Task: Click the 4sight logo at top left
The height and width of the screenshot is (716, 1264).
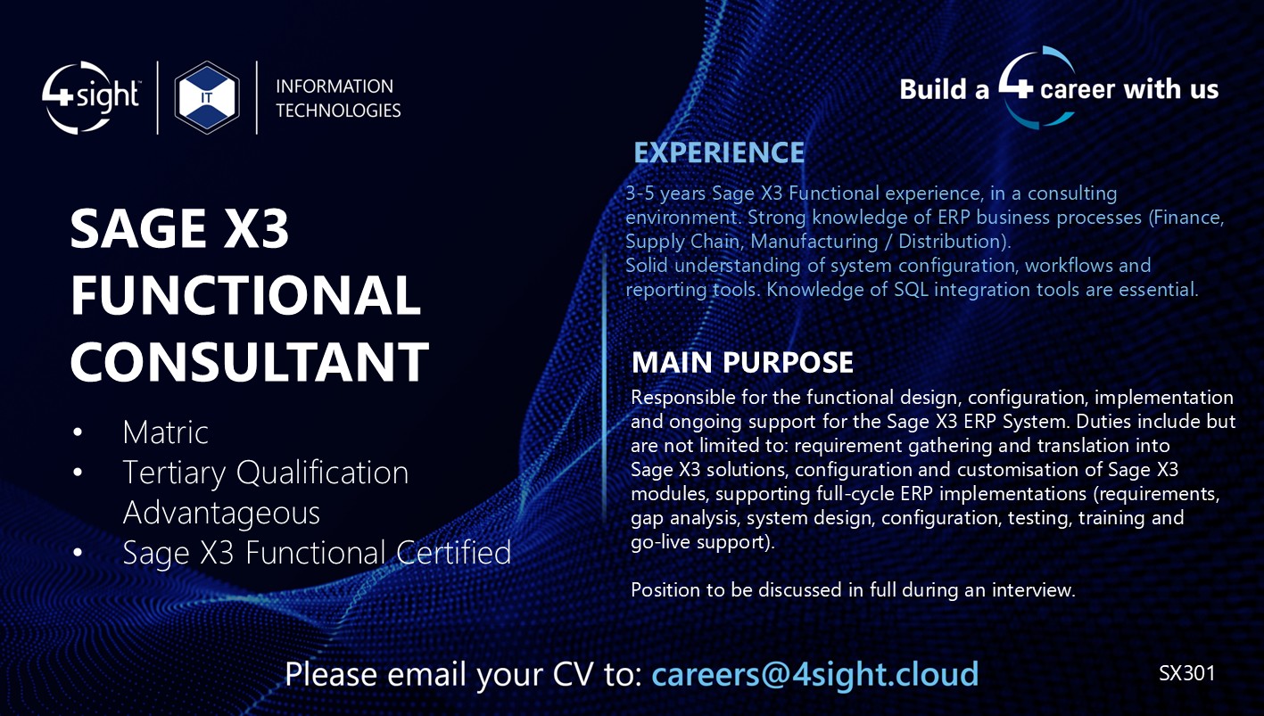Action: point(91,97)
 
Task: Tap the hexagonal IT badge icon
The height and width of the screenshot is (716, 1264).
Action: point(207,97)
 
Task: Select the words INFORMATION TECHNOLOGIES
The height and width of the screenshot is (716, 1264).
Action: point(338,98)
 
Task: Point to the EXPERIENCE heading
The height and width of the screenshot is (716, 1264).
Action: point(719,152)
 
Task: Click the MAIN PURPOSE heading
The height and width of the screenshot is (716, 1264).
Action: point(742,362)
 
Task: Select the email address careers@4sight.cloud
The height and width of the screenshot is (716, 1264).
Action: point(815,673)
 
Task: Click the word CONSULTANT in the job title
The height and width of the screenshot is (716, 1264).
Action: point(250,361)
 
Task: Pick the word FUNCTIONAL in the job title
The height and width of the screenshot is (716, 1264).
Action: point(245,296)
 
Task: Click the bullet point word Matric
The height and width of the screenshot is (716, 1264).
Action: point(166,432)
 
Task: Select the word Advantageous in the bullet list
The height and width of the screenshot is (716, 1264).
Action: point(221,513)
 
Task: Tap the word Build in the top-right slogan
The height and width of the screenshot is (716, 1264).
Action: point(932,89)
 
